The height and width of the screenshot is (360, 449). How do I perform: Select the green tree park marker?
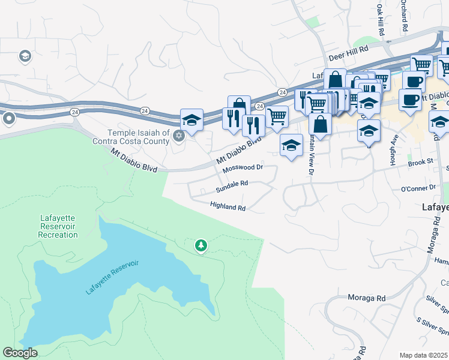200,245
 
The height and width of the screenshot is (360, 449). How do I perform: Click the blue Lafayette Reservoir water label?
112,277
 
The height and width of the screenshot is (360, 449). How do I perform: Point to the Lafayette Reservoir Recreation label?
58,226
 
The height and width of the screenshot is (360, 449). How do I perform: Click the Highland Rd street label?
228,207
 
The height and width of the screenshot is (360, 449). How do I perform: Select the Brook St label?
420,162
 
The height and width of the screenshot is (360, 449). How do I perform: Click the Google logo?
20,353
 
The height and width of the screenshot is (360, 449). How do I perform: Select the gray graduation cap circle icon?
25,56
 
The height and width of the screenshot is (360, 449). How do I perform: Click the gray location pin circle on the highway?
8,119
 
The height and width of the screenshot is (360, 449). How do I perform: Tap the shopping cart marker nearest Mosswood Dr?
276,115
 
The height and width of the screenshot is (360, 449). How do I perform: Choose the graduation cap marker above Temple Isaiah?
191,119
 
